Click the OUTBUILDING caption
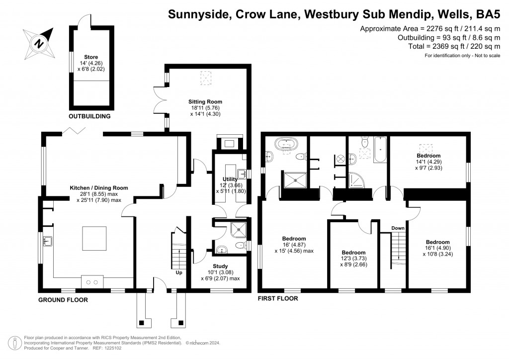click(x=89, y=116)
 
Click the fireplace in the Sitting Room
click(x=230, y=144)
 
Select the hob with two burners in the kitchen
click(x=91, y=282)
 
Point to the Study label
click(x=220, y=266)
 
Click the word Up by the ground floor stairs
click(x=178, y=273)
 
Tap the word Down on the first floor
click(x=398, y=228)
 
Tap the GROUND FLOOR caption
click(x=63, y=299)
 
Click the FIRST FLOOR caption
click(x=278, y=299)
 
